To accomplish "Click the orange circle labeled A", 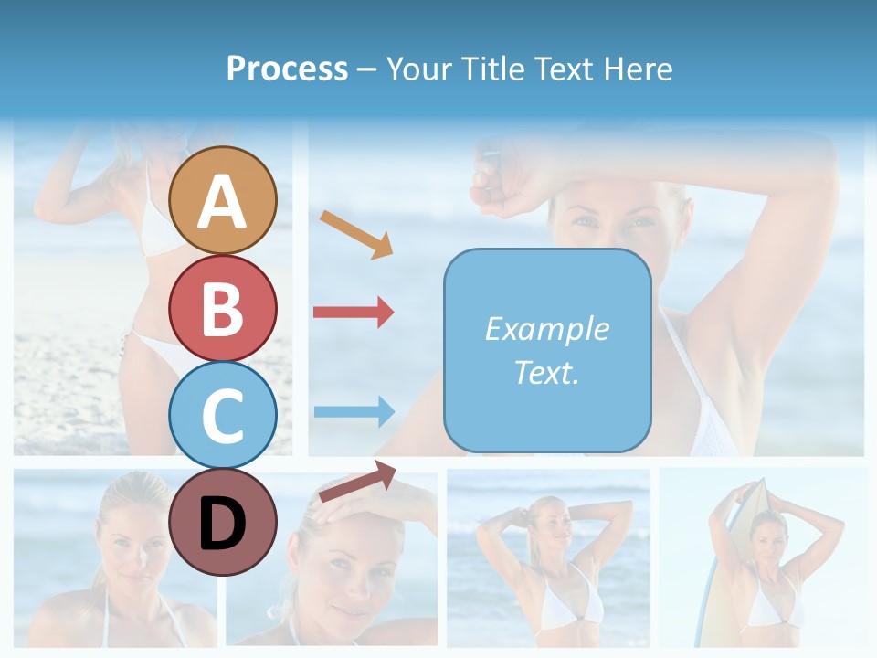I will pos(222,200).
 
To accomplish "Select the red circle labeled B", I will pos(222,309).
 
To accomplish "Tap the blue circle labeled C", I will pos(222,415).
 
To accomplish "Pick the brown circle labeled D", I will pos(222,522).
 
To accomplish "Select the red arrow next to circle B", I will pos(354,313).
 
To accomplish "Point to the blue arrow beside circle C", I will pos(354,411).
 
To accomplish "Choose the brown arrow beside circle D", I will pos(357,481).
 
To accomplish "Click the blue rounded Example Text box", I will pos(547,350).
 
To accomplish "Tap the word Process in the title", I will pos(287,69).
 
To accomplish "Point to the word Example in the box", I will pos(547,329).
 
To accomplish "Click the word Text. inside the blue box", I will pos(547,372).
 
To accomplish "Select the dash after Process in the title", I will pos(366,69).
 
